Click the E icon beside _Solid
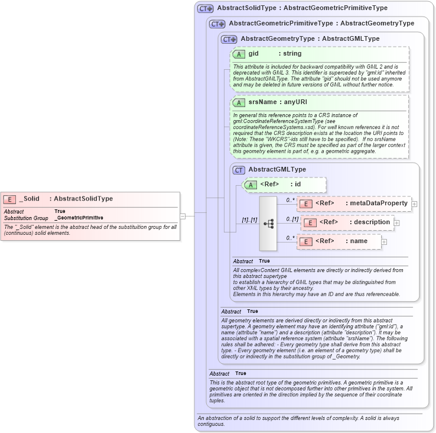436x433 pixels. (x=9, y=199)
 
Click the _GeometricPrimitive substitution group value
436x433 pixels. (x=79, y=218)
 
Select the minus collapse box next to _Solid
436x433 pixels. (x=183, y=216)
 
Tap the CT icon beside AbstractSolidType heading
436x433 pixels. (x=206, y=8)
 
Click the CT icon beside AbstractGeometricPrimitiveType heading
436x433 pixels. (x=217, y=24)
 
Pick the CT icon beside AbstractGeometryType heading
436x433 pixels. (x=229, y=39)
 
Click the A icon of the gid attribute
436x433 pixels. (x=239, y=54)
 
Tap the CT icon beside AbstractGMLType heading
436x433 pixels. (x=239, y=170)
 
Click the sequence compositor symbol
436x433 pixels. (x=268, y=224)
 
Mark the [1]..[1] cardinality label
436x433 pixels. (x=249, y=220)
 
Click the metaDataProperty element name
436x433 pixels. (x=378, y=203)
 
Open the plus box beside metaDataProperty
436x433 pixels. (x=414, y=204)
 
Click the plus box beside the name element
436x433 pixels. (x=384, y=241)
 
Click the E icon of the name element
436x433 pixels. (x=306, y=241)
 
